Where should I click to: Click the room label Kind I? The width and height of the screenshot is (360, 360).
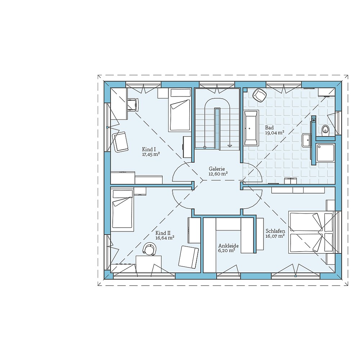pos(149,149)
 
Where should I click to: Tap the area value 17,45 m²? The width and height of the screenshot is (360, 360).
pos(151,154)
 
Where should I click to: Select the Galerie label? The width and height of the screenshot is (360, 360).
pos(217,168)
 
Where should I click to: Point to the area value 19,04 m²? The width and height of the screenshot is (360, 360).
pos(275,132)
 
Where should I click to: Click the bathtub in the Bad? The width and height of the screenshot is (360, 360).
pos(251,128)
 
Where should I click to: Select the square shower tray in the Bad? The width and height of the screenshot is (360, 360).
pos(325,152)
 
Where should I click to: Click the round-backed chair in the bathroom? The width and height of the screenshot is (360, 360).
pos(259,95)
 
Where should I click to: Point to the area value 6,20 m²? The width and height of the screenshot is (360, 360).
pos(226,251)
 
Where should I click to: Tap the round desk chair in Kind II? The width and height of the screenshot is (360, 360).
pos(149,249)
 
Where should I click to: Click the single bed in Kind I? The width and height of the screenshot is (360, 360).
pos(180,111)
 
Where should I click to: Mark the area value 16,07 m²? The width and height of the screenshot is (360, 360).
pos(275,236)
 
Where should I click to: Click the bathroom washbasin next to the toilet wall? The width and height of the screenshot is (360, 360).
pos(306,140)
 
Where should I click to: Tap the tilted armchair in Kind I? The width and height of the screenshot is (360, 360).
pos(121,141)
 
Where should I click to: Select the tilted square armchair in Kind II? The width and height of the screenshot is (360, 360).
pos(189,256)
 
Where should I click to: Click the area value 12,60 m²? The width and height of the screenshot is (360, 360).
pos(218,174)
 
